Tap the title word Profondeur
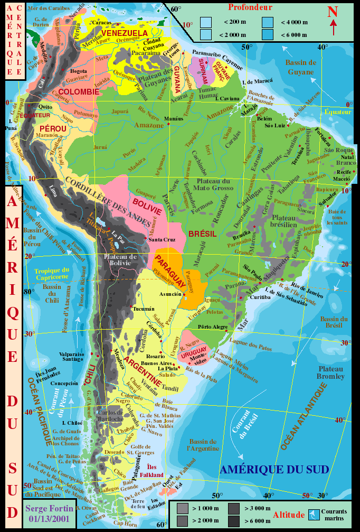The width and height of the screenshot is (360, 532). (250, 7)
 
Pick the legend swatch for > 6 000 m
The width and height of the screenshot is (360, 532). (234, 520)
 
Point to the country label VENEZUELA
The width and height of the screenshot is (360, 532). (125, 33)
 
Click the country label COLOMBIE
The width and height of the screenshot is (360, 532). (79, 92)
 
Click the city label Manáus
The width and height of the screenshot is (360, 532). (174, 118)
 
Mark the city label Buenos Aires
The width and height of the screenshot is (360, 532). (157, 363)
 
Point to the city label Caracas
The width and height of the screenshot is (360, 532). (101, 23)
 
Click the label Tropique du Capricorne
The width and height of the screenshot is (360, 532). (52, 273)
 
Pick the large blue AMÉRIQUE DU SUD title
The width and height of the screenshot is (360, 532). (274, 469)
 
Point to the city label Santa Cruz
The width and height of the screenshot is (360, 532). (162, 240)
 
